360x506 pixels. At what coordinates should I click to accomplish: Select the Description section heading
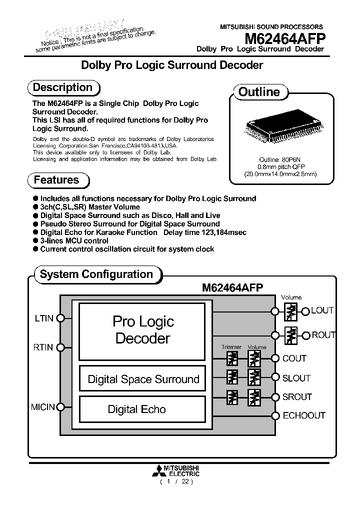point(63,87)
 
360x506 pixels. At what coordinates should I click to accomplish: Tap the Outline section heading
point(259,92)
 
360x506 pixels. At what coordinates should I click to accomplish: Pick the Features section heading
point(56,180)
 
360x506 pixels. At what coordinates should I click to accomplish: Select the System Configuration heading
point(96,274)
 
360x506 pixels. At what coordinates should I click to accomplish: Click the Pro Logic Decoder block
point(143,330)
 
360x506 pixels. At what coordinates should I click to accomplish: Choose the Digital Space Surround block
point(143,379)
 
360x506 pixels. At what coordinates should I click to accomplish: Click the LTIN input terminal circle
point(60,317)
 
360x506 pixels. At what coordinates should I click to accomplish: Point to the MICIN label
point(43,407)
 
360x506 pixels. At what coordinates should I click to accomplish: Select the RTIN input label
point(43,347)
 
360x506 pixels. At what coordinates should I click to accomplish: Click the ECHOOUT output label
point(304,415)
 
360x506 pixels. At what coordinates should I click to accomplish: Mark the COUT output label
point(294,358)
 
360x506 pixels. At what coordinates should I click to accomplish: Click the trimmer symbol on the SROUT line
point(232,397)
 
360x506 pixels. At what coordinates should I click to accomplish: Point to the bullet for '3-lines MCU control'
point(35,241)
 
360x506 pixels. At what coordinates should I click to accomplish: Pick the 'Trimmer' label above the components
point(231,347)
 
